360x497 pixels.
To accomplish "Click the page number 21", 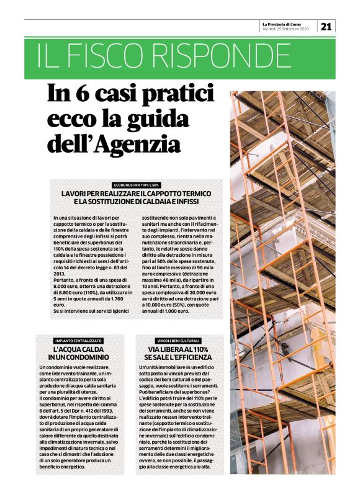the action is coord(326,26).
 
